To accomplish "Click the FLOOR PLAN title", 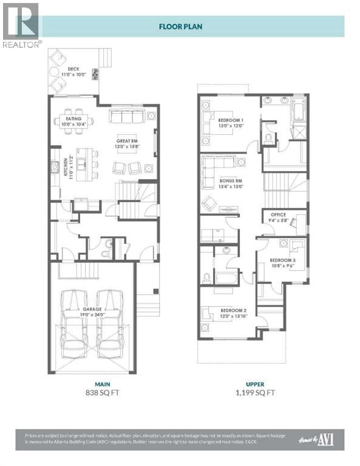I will click(180, 26).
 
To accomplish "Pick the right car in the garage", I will click(110, 321).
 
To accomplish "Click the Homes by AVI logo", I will click(319, 439).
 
